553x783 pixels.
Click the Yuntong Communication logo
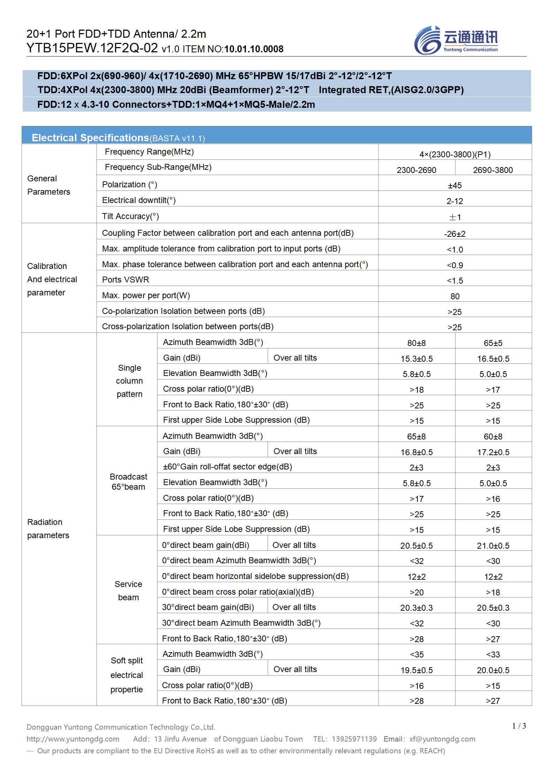click(456, 40)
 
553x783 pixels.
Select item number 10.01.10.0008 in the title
click(254, 49)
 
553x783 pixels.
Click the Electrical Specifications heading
click(90, 138)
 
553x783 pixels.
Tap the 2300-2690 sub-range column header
click(416, 170)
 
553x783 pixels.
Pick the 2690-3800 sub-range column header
click(493, 170)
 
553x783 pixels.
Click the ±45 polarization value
click(455, 185)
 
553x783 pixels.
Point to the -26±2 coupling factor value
click(455, 234)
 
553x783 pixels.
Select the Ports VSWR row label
click(125, 280)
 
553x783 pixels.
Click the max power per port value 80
click(455, 296)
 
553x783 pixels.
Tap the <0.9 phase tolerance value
click(455, 265)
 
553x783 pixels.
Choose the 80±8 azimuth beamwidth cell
click(416, 343)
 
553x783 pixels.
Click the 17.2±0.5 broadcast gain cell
click(493, 452)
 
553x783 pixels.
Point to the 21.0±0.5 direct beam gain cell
click(493, 545)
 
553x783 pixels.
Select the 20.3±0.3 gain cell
click(416, 608)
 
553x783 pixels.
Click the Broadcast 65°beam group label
click(128, 482)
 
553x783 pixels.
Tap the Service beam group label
click(128, 590)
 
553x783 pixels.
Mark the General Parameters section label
click(48, 185)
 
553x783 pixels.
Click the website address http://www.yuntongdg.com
click(73, 739)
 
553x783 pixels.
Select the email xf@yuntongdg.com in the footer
click(442, 739)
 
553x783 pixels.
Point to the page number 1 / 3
click(519, 726)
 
